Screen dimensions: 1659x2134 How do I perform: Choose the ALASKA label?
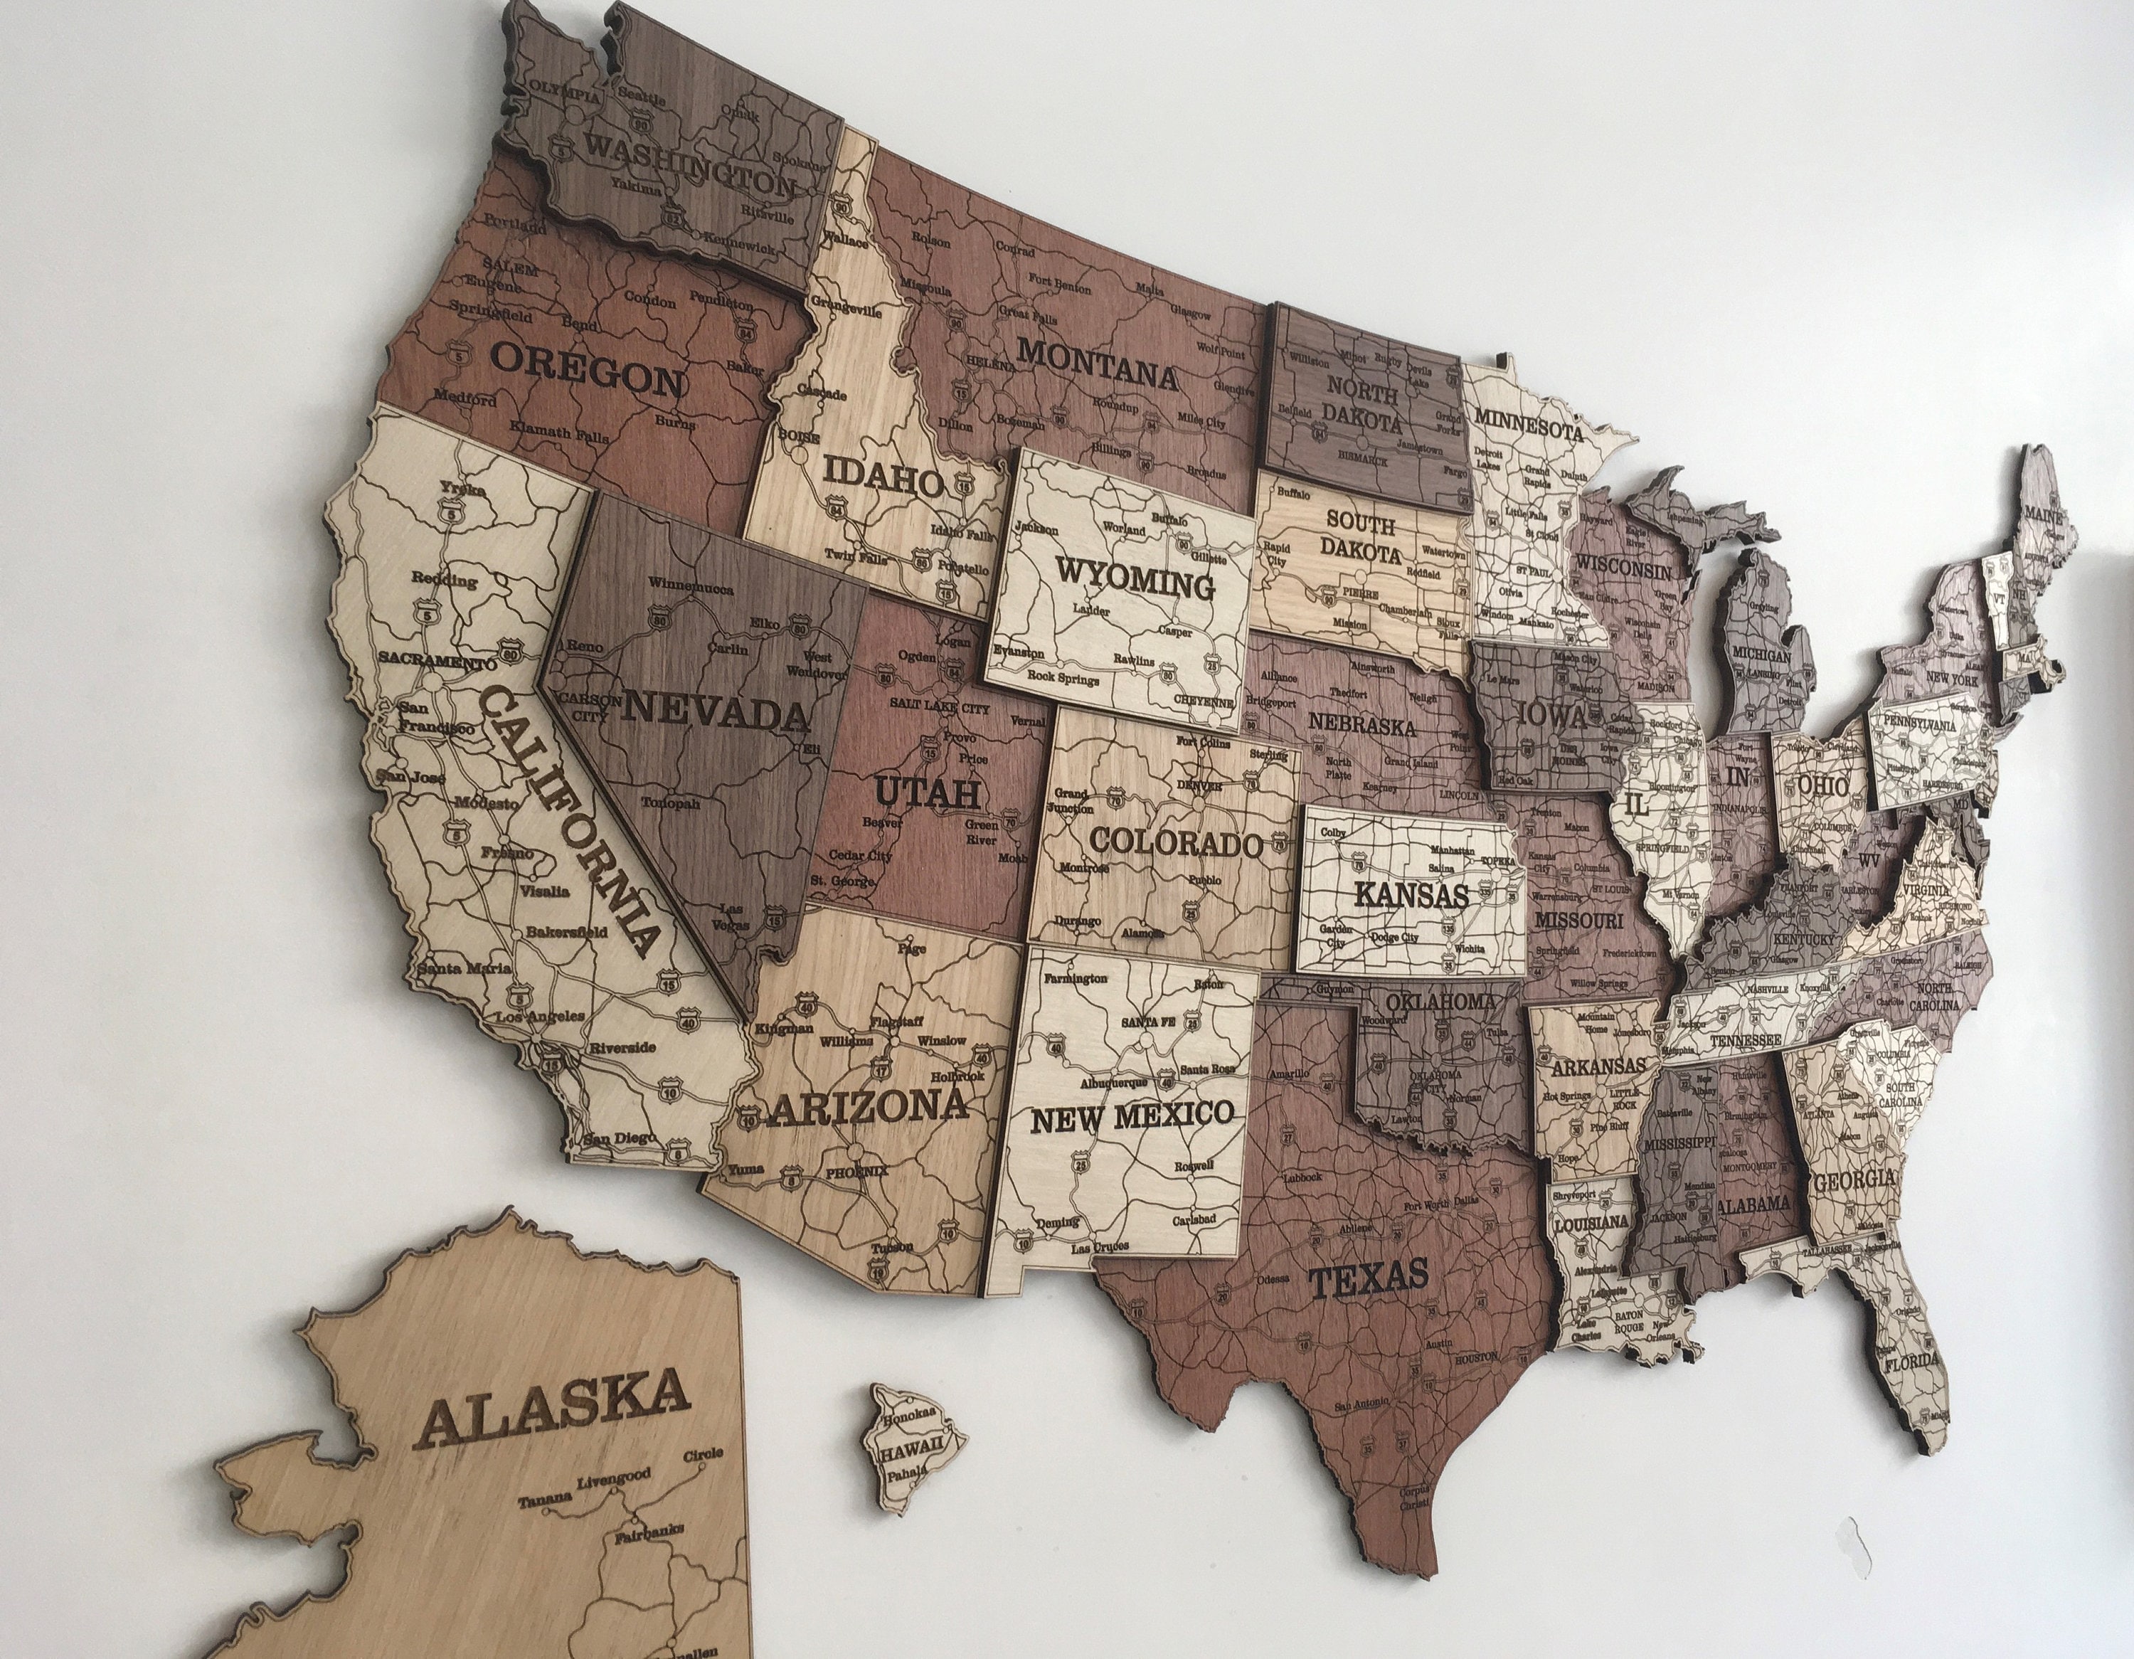(555, 1407)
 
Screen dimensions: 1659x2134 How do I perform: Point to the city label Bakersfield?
(567, 931)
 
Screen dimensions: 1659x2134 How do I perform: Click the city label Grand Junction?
(1073, 801)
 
